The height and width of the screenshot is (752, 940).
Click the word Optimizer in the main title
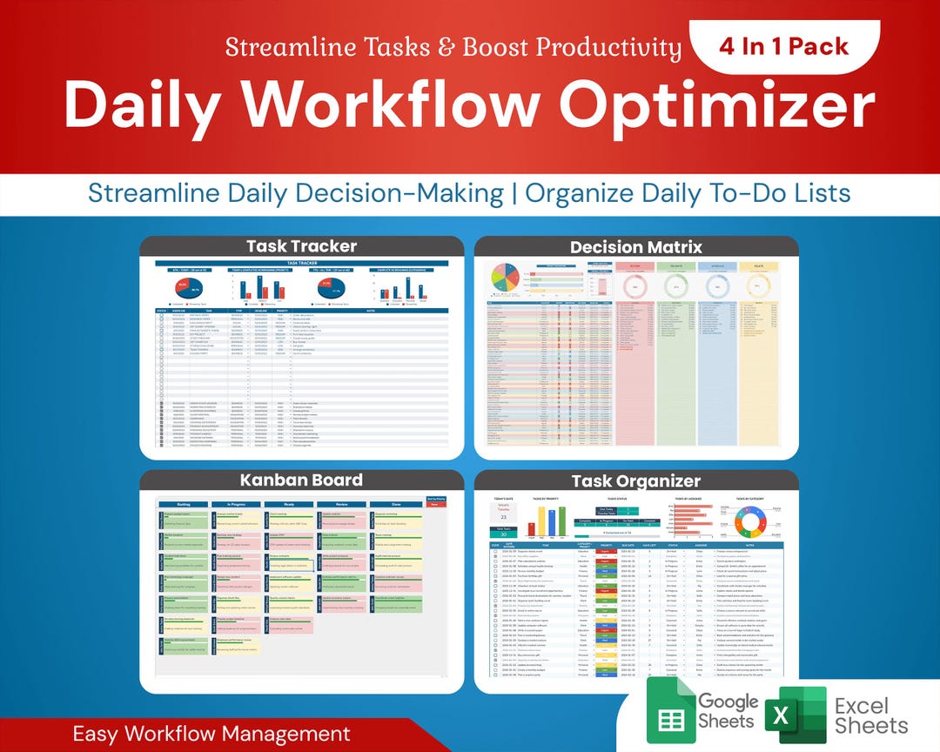(x=716, y=106)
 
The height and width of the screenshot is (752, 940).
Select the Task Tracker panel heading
(x=301, y=245)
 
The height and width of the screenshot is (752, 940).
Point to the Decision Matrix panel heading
(x=635, y=247)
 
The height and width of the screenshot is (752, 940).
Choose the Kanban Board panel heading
(x=301, y=480)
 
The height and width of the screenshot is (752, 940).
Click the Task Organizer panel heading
(x=635, y=480)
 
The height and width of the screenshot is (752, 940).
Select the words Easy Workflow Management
(x=211, y=733)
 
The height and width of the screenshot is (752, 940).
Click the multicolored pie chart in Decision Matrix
(x=504, y=279)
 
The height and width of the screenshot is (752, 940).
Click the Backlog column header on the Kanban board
(x=184, y=504)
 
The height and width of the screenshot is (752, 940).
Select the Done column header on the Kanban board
(x=396, y=504)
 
